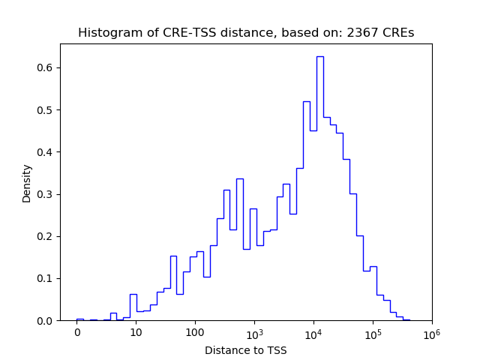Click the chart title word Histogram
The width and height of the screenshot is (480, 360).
104,33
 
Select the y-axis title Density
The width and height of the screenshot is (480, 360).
27,183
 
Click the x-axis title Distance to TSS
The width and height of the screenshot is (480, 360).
246,350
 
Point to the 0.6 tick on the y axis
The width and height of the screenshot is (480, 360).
46,68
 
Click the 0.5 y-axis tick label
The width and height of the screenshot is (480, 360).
46,110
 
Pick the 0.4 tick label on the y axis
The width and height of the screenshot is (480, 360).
46,152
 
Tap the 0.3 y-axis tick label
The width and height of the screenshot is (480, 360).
46,194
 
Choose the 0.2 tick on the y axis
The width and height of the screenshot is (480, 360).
46,236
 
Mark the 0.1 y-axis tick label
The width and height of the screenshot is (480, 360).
46,278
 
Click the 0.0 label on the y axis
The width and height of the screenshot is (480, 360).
46,321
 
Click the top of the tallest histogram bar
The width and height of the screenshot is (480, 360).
319,56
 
